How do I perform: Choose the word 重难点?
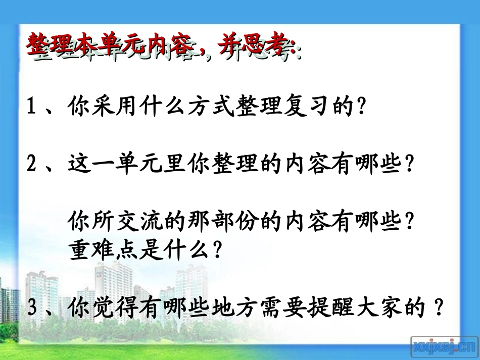(95, 250)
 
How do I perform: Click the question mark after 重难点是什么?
(217, 250)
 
